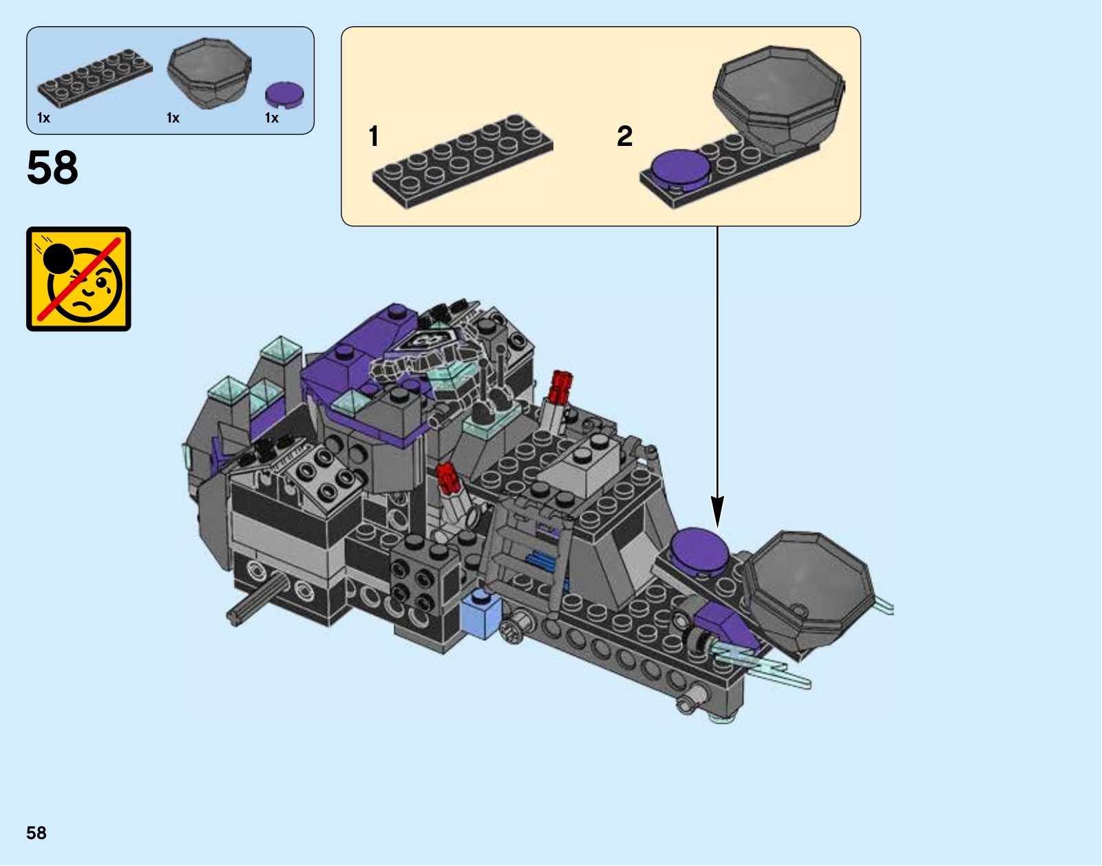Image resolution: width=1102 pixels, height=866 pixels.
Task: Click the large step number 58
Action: click(x=52, y=167)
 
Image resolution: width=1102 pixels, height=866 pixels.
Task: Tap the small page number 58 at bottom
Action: click(x=36, y=833)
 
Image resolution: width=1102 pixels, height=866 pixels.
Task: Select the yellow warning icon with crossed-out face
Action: click(x=78, y=279)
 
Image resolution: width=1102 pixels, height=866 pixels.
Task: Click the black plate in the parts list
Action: click(x=95, y=78)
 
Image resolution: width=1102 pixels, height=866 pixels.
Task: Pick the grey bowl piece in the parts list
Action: click(x=209, y=72)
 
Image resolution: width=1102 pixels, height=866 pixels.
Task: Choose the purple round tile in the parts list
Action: click(x=284, y=94)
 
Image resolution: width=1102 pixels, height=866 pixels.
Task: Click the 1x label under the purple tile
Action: click(x=272, y=118)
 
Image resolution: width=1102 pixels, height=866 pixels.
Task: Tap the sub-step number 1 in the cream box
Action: click(x=374, y=136)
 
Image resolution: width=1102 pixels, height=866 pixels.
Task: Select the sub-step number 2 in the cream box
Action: click(x=624, y=136)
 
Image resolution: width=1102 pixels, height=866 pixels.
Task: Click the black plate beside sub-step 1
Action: click(x=463, y=161)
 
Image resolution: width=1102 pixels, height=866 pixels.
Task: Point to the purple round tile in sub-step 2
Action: click(x=680, y=167)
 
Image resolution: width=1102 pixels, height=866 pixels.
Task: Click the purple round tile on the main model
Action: click(x=699, y=550)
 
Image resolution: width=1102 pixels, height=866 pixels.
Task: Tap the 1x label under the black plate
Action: click(x=44, y=118)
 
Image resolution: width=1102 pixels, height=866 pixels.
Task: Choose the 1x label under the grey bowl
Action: click(x=173, y=118)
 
